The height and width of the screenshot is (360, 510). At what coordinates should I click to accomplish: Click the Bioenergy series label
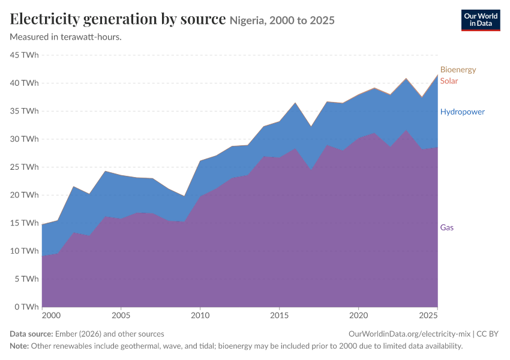coord(458,70)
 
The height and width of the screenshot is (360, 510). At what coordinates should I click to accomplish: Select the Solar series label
coord(449,81)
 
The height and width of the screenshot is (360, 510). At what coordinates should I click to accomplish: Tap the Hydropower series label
coord(462,112)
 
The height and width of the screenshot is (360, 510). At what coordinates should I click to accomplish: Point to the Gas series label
coord(446,227)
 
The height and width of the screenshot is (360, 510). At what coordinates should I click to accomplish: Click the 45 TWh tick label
coord(24,55)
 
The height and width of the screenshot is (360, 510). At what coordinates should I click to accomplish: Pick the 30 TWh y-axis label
coord(24,139)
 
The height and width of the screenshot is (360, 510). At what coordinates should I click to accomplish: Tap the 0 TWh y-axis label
coord(26,307)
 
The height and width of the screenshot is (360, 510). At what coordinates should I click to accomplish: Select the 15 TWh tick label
coord(24,223)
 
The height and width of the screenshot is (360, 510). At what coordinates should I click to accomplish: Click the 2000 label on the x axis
coord(52,316)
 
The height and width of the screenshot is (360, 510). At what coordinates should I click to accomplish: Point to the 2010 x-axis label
coord(200,316)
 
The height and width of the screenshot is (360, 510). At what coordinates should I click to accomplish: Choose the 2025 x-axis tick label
coord(428,316)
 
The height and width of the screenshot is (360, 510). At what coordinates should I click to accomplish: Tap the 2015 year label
coord(279,316)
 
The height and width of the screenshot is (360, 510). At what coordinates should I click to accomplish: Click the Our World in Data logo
coord(481,20)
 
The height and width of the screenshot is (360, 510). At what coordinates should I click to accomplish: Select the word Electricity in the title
coord(44,19)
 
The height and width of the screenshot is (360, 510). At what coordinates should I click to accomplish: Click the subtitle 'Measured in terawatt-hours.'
coord(66,37)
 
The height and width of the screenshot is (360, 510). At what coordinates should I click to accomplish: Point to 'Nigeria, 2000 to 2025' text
coord(282,20)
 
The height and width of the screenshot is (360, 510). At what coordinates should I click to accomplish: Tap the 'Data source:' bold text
coord(31,334)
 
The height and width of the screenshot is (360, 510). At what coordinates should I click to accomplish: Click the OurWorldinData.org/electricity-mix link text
coord(409,334)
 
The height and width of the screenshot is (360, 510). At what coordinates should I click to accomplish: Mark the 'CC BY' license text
coord(487,334)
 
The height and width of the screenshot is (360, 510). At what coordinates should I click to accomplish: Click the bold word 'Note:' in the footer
coord(19,346)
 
